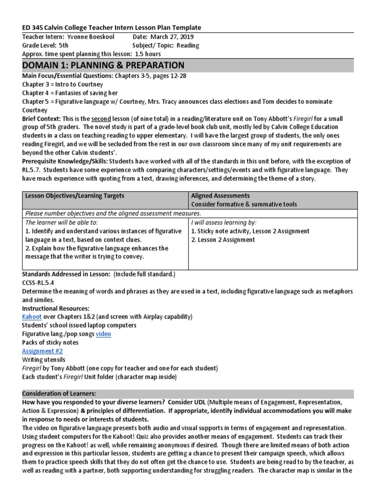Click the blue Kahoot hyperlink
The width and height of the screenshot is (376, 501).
[x=32, y=317]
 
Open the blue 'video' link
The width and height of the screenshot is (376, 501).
[x=103, y=334]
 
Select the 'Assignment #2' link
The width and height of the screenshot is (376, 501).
[x=42, y=351]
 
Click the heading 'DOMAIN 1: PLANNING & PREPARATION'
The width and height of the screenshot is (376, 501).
[x=103, y=66]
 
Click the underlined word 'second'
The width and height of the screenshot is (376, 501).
[x=101, y=119]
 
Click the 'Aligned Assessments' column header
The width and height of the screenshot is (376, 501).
[x=220, y=196]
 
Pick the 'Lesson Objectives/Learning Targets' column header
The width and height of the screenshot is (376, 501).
[x=74, y=196]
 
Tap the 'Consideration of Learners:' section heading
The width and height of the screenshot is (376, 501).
[x=59, y=394]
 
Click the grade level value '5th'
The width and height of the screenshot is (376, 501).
[x=63, y=46]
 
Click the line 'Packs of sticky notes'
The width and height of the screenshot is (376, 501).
[x=50, y=342]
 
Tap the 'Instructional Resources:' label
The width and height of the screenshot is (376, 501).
[x=56, y=308]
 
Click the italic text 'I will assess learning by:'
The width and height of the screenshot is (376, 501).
[x=224, y=222]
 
